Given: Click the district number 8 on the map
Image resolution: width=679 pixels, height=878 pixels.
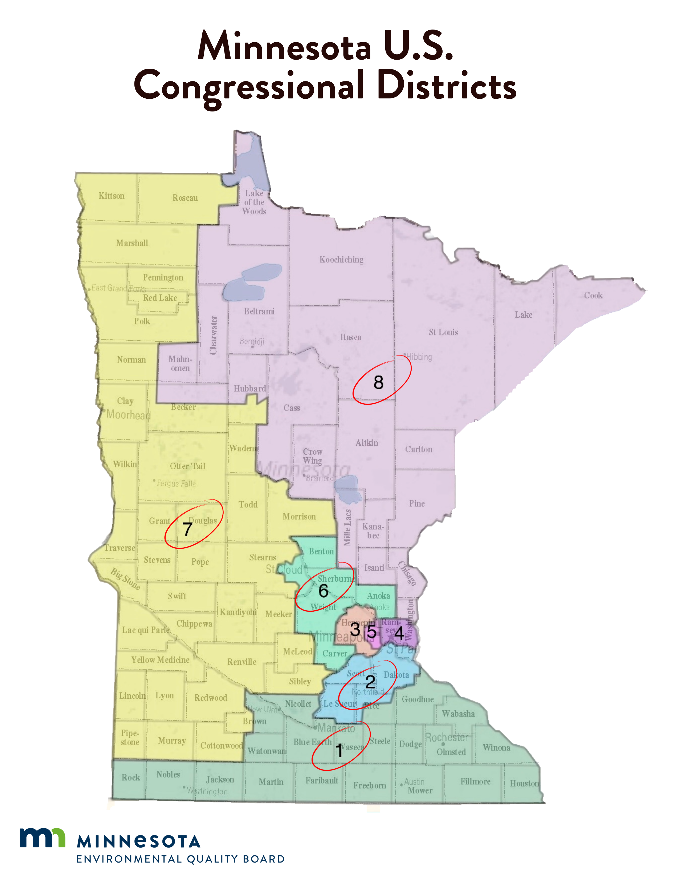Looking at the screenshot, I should tap(378, 382).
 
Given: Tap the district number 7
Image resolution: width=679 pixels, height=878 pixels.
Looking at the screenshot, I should tap(187, 529).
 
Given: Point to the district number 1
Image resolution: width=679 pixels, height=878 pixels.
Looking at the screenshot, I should tap(339, 751).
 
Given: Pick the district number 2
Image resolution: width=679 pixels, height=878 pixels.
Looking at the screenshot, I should tap(370, 681).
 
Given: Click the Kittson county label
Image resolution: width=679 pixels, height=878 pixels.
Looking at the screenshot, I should tap(111, 196).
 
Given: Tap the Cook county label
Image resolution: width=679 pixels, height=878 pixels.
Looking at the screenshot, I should tap(593, 295).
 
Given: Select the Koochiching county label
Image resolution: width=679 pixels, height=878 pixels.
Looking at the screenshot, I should tap(341, 259).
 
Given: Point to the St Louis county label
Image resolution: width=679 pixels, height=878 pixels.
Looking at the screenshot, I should tap(443, 332).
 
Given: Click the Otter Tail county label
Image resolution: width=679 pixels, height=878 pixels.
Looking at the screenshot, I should tap(187, 466).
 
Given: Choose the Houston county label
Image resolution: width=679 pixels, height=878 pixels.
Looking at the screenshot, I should tap(524, 783).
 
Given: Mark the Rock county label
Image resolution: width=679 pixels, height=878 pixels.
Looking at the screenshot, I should tap(131, 777).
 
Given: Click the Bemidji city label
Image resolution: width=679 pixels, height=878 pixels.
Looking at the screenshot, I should tap(252, 341).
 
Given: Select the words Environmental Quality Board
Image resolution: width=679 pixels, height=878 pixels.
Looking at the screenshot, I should tap(180, 859).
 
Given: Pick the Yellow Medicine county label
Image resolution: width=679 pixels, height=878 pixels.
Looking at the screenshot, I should tap(160, 660).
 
